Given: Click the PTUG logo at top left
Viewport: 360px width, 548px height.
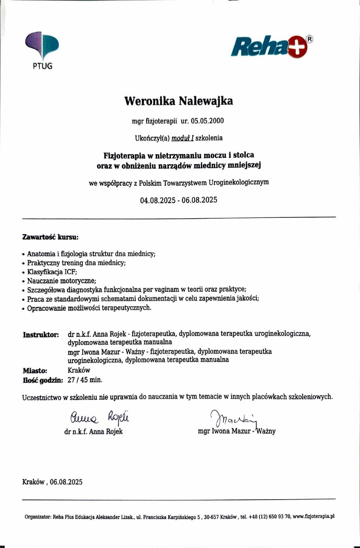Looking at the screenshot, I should coord(42,48).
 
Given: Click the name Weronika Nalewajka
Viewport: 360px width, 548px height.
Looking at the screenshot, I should coord(179,101).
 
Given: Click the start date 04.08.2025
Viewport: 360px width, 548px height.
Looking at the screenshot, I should coord(158,200).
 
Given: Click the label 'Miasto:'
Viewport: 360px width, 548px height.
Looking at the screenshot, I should coord(35,370).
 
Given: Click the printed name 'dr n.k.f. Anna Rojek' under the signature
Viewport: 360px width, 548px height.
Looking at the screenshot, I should coord(93,432).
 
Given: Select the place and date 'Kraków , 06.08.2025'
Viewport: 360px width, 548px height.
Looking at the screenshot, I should coord(52,482).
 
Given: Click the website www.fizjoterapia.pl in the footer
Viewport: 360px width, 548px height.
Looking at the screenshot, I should coord(313,516).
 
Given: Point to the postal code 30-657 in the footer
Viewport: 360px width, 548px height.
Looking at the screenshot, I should coord(211,516).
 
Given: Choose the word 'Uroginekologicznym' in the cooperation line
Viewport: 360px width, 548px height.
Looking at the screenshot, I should coord(239,182).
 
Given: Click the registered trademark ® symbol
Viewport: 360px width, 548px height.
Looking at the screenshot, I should coord(310,39).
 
